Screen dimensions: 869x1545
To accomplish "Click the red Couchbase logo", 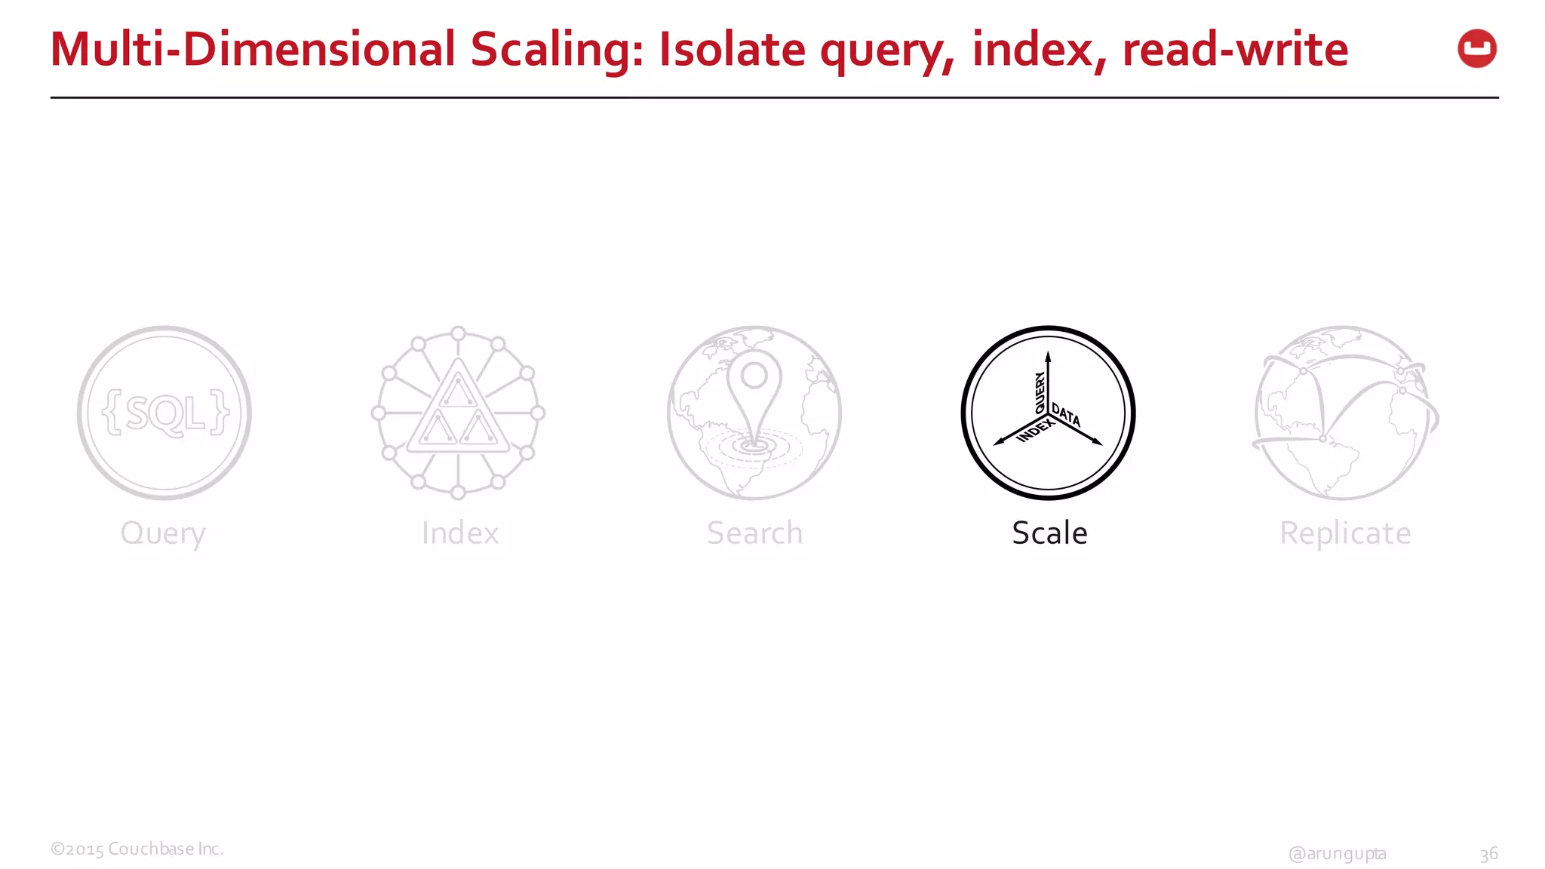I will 1476,49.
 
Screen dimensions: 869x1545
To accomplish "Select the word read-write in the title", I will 1235,50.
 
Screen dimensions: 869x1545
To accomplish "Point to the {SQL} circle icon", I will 164,413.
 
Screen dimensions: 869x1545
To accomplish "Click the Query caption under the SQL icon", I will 163,534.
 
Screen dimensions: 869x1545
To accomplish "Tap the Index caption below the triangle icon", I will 460,533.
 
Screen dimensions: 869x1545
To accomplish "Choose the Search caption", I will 754,533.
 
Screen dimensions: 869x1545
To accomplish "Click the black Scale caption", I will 1049,533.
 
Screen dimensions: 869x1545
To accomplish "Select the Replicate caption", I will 1345,533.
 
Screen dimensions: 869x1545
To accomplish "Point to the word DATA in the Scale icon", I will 1066,415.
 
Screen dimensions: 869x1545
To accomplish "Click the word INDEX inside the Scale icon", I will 1035,431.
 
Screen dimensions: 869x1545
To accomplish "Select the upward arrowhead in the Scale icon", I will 1048,357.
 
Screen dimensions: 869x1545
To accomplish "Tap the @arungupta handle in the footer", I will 1337,853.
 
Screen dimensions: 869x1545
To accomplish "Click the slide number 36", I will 1488,854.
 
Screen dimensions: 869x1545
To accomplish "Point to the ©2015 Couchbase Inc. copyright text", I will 137,849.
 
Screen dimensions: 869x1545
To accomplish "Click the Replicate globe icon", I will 1344,413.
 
